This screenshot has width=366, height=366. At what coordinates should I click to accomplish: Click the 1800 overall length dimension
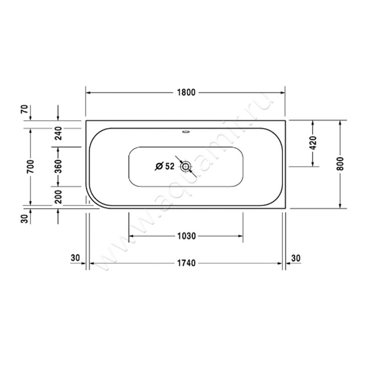click(186, 92)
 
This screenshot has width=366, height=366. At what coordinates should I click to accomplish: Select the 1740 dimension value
click(186, 263)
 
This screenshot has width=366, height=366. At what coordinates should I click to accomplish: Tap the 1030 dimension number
click(186, 236)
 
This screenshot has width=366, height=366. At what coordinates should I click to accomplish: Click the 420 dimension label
click(313, 144)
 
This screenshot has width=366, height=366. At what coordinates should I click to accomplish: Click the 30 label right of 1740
click(296, 258)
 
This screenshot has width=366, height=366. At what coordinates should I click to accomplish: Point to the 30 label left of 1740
click(76, 258)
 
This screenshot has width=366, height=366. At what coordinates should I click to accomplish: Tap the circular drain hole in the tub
click(185, 167)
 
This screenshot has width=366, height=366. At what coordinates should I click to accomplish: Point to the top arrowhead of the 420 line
click(313, 123)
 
